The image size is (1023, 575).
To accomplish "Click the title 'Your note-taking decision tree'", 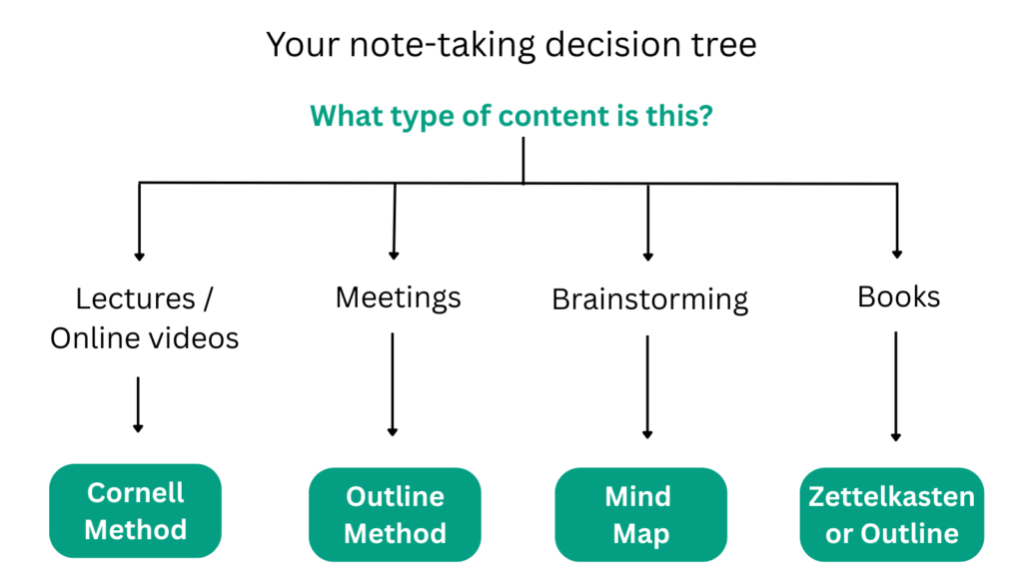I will pyautogui.click(x=511, y=45).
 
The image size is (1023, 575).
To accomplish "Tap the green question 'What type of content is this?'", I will pyautogui.click(x=511, y=115).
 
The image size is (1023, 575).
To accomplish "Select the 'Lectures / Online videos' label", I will pyautogui.click(x=145, y=318).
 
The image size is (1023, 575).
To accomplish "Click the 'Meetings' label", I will pyautogui.click(x=398, y=296).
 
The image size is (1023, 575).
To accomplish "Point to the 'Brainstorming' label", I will pyautogui.click(x=649, y=298).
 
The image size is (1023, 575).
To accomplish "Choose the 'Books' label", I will pyautogui.click(x=898, y=296).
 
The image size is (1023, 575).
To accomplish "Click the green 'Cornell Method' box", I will pyautogui.click(x=136, y=510).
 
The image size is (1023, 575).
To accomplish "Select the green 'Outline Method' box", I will pyautogui.click(x=395, y=514).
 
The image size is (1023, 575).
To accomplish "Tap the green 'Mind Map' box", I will pyautogui.click(x=640, y=514).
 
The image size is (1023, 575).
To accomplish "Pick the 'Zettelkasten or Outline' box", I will pyautogui.click(x=892, y=514).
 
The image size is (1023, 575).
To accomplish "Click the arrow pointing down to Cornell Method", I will pyautogui.click(x=138, y=404).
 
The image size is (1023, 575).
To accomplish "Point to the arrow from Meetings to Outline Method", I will pyautogui.click(x=393, y=384).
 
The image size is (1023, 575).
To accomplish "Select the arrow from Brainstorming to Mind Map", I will pyautogui.click(x=647, y=387).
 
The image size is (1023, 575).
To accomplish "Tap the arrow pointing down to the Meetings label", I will pyautogui.click(x=395, y=222).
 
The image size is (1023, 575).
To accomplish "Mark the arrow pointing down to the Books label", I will pyautogui.click(x=896, y=222).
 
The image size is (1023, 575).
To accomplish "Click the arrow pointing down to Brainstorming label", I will pyautogui.click(x=647, y=222).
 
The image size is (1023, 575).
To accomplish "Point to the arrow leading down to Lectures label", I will pyautogui.click(x=140, y=222).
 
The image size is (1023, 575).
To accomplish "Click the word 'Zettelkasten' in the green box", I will pyautogui.click(x=892, y=496).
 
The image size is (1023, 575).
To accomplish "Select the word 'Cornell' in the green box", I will pyautogui.click(x=136, y=492).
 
